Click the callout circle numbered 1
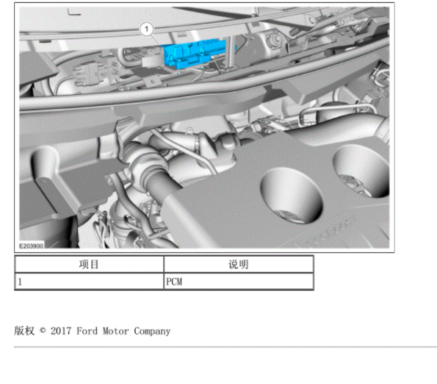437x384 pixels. [x=146, y=29]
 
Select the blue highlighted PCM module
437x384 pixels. [x=197, y=54]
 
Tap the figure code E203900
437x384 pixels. [x=31, y=246]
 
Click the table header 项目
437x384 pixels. [x=89, y=264]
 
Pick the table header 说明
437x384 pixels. [x=239, y=264]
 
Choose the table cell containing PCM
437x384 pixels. [x=239, y=282]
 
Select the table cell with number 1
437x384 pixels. [x=89, y=282]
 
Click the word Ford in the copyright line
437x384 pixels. [x=87, y=331]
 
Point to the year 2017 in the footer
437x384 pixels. [x=60, y=331]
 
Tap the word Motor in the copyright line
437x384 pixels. [x=115, y=331]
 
